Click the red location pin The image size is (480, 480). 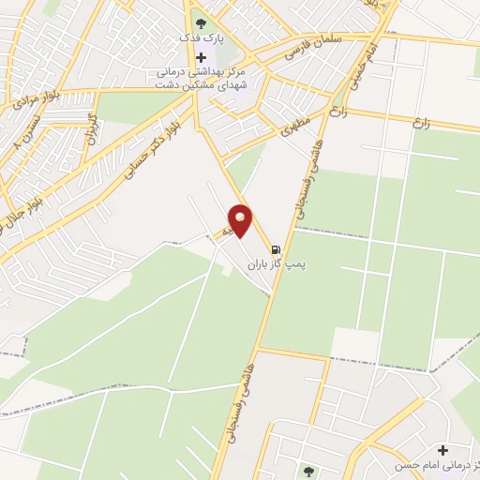tap(241, 221)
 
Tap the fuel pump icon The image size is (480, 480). tap(276, 250)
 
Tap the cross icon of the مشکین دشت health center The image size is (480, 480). tap(201, 57)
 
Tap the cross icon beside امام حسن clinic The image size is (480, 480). tap(442, 450)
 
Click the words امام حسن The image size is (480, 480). tap(454, 466)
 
